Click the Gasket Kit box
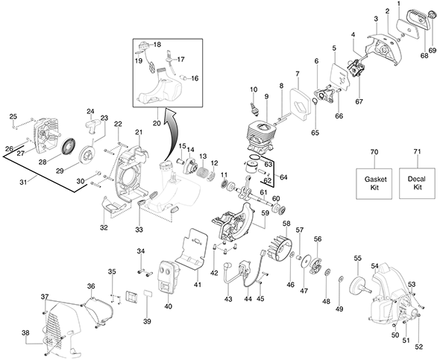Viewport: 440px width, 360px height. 374,183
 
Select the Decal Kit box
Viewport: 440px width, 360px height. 417,183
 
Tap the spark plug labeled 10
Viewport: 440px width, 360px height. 255,108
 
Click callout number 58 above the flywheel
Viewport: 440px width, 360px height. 286,224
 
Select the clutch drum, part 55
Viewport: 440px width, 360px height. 359,285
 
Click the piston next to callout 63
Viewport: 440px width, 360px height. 251,168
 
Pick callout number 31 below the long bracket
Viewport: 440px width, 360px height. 23,183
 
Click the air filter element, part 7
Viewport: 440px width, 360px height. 300,103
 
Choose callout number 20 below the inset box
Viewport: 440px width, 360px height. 157,123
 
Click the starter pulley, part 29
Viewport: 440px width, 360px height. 87,154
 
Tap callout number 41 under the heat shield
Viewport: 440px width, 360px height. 198,285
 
